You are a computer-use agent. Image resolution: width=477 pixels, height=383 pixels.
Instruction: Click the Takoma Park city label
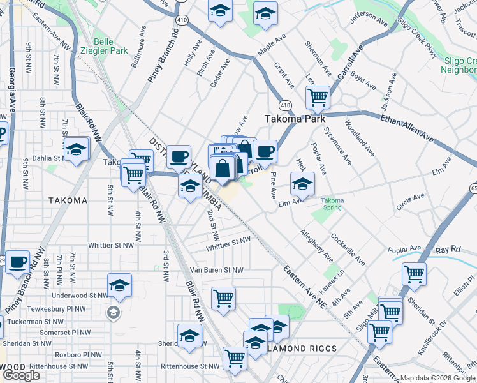(x=295, y=119)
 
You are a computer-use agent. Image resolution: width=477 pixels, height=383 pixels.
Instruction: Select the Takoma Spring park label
(x=332, y=204)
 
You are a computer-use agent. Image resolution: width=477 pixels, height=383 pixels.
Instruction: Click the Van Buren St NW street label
(x=217, y=270)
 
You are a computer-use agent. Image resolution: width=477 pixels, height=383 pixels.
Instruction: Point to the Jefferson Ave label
(x=369, y=19)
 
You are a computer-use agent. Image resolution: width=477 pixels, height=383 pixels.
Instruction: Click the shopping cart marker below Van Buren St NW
(x=224, y=297)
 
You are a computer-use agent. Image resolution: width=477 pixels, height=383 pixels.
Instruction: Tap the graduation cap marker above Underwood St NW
(x=119, y=286)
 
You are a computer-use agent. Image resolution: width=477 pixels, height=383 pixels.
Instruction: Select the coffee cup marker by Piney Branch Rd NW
(x=17, y=261)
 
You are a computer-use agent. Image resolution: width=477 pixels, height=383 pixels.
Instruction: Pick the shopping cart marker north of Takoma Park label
(x=318, y=98)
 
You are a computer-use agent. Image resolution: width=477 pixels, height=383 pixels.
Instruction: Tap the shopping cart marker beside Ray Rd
(x=415, y=274)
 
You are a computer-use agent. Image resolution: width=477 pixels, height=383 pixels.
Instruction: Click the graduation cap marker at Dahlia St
(x=77, y=151)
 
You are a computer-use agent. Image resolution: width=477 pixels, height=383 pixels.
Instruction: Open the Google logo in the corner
(x=21, y=375)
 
